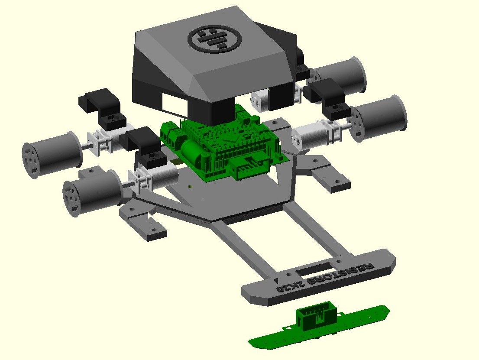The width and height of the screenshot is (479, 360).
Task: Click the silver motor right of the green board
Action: (311, 135)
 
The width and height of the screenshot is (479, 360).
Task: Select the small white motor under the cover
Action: (261, 100)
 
